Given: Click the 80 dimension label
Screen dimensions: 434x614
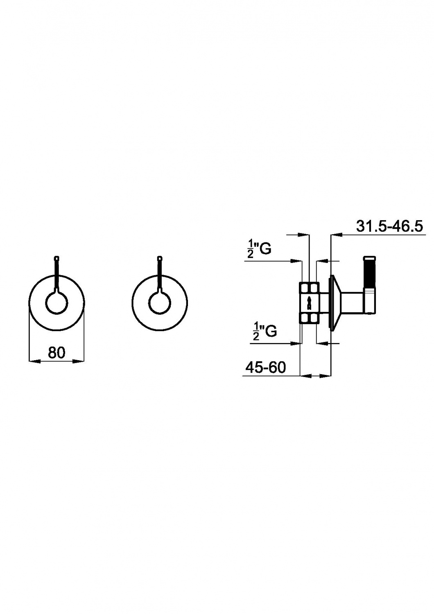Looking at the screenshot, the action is pos(57,352).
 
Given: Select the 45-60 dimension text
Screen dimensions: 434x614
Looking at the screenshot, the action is pos(266,367).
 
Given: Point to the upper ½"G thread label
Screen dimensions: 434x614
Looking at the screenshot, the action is pos(259,249).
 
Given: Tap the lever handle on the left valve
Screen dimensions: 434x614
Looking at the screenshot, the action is pos(57,274).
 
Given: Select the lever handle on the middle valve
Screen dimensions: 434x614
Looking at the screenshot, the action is pos(160,274).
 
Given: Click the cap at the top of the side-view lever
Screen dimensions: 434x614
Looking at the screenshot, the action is pos(370,257).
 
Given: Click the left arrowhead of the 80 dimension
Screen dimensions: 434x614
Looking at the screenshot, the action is pos(34,361).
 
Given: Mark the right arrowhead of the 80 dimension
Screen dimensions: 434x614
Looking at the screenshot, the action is pos(79,361).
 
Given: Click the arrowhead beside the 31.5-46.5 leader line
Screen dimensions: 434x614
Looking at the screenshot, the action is pos(337,235).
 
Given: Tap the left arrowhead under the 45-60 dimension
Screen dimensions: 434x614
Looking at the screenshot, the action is pos(306,376).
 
